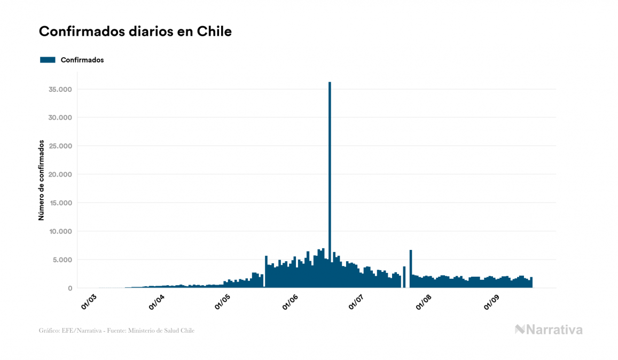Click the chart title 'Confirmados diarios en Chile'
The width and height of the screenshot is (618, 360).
135,32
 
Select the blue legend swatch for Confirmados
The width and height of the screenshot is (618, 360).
48,60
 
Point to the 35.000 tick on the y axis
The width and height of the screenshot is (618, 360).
60,89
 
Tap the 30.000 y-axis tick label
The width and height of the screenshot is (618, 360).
60,118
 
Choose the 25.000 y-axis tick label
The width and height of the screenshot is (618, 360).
60,146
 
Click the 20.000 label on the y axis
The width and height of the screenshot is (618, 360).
60,175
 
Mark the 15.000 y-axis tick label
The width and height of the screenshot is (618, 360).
60,203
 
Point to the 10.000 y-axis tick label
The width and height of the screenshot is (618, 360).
60,231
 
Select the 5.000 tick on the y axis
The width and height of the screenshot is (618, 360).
62,260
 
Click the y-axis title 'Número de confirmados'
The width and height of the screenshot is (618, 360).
41,180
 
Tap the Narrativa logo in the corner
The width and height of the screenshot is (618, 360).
549,330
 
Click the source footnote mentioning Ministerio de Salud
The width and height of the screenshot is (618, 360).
116,331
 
